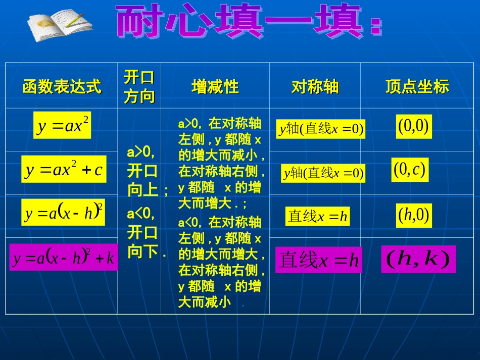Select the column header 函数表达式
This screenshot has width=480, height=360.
[62, 87]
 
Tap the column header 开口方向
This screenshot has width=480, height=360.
[139, 86]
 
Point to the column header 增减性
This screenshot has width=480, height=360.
[215, 87]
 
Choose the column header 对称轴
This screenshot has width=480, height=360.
[315, 87]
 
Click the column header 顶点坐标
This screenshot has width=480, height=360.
[417, 87]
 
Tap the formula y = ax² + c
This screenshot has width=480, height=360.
[63, 169]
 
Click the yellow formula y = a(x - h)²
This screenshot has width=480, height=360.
[63, 213]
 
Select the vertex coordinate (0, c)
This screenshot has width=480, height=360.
[410, 170]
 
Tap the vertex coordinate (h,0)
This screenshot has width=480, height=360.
[413, 215]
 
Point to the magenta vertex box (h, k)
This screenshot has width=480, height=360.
[418, 259]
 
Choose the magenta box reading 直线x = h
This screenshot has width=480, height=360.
[318, 260]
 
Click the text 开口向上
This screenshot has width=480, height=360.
[143, 180]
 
